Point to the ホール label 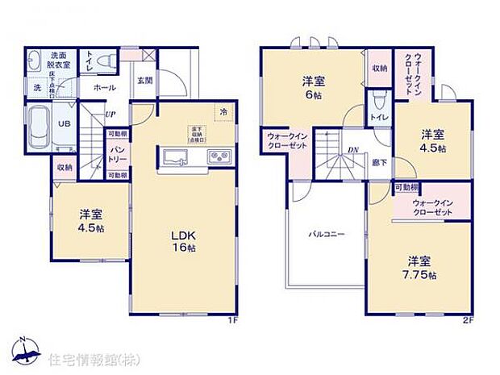tap(104, 87)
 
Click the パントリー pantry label tap(117, 154)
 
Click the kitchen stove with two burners tap(219, 156)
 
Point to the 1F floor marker tap(231, 320)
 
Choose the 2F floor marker tap(467, 320)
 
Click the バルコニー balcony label tap(326, 235)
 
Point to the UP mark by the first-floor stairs tap(109, 115)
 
